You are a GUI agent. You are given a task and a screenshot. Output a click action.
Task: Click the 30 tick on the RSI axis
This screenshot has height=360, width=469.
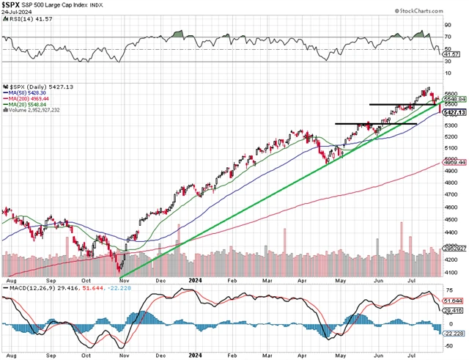point(446,61)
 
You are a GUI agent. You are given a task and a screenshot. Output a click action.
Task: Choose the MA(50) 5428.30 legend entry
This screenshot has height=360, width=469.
point(27,92)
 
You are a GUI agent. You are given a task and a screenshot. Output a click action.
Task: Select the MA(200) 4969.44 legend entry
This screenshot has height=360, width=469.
point(29,98)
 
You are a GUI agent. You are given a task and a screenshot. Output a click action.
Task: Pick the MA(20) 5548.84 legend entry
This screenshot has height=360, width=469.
point(27,104)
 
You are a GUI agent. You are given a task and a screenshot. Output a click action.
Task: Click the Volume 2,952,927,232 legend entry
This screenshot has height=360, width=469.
point(35,110)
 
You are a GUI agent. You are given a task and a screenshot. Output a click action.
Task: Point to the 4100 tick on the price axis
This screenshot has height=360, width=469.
point(451,272)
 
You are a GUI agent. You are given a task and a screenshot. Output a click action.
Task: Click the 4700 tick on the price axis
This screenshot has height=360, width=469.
point(451,194)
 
